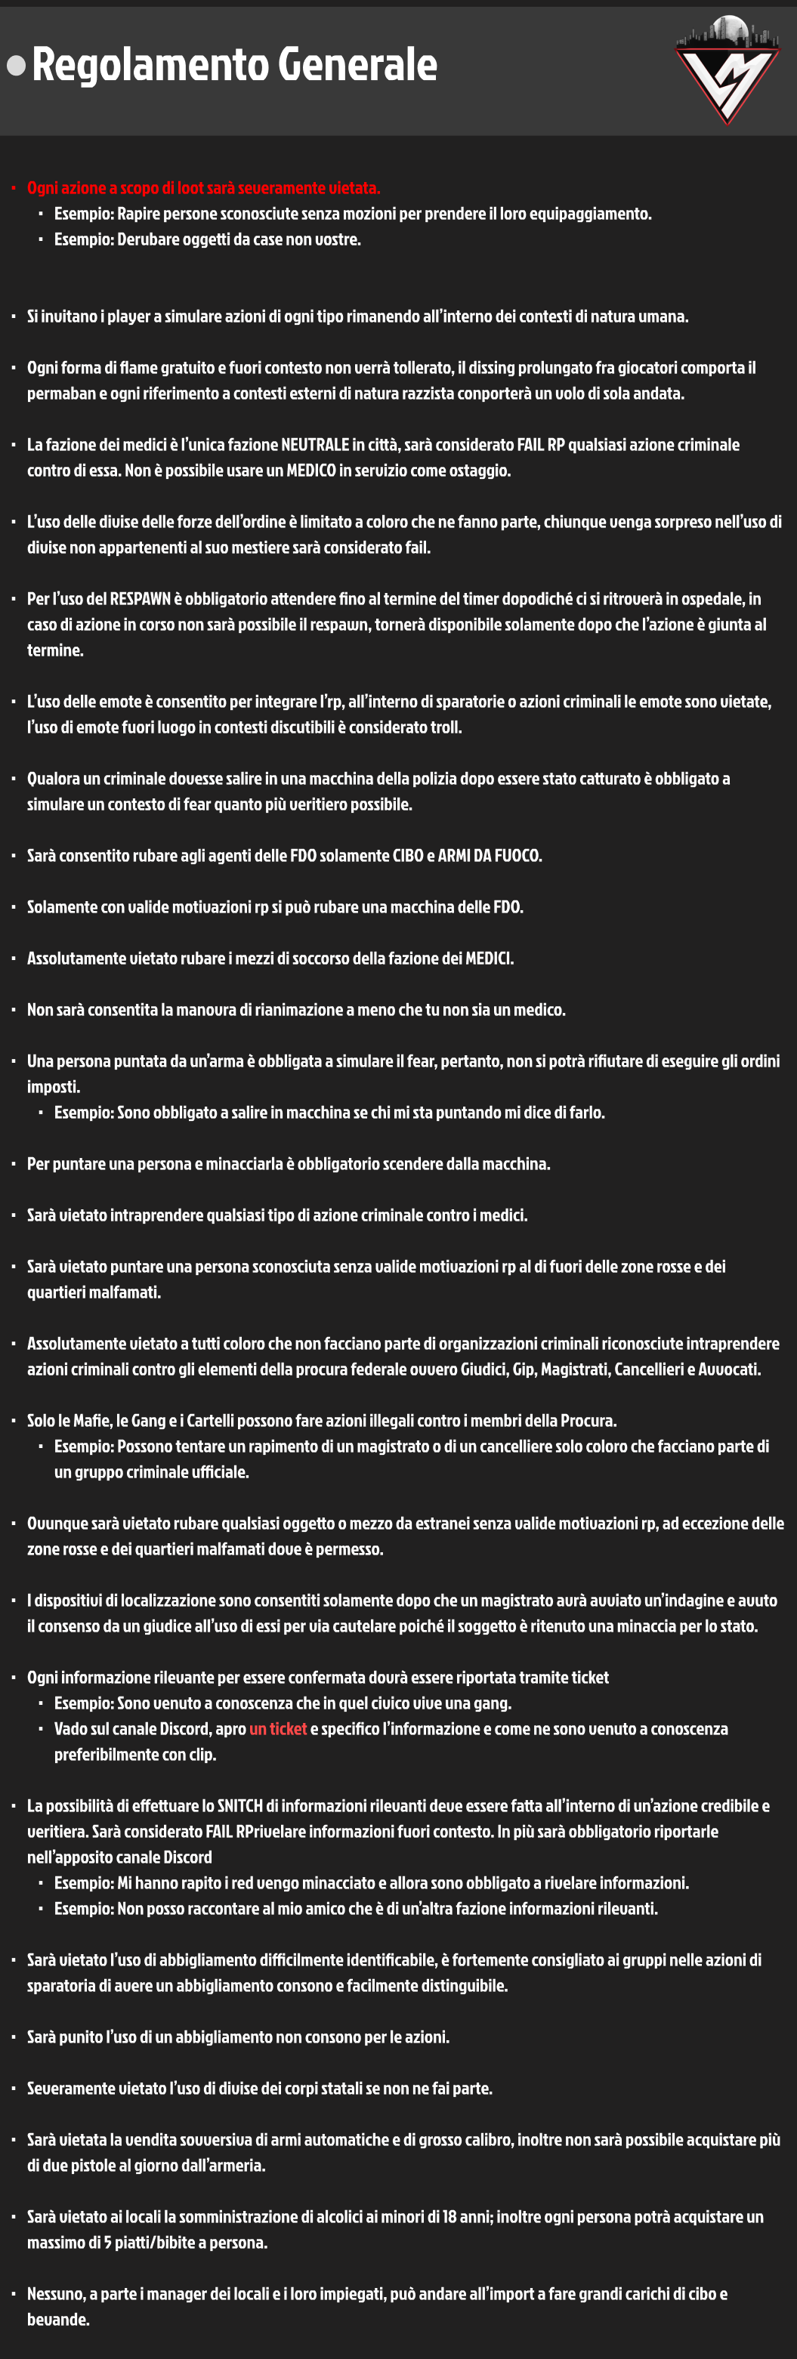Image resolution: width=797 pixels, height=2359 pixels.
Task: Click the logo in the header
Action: click(x=727, y=69)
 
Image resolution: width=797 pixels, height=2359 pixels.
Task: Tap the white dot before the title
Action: click(x=16, y=65)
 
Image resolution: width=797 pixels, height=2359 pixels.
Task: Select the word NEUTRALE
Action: click(x=315, y=445)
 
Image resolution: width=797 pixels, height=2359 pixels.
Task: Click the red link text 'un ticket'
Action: click(x=277, y=1729)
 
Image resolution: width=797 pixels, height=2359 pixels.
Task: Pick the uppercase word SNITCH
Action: click(x=241, y=1806)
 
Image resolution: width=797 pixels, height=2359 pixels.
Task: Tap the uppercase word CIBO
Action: click(x=412, y=855)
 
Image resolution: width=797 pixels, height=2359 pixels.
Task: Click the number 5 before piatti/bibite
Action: click(x=107, y=2242)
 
